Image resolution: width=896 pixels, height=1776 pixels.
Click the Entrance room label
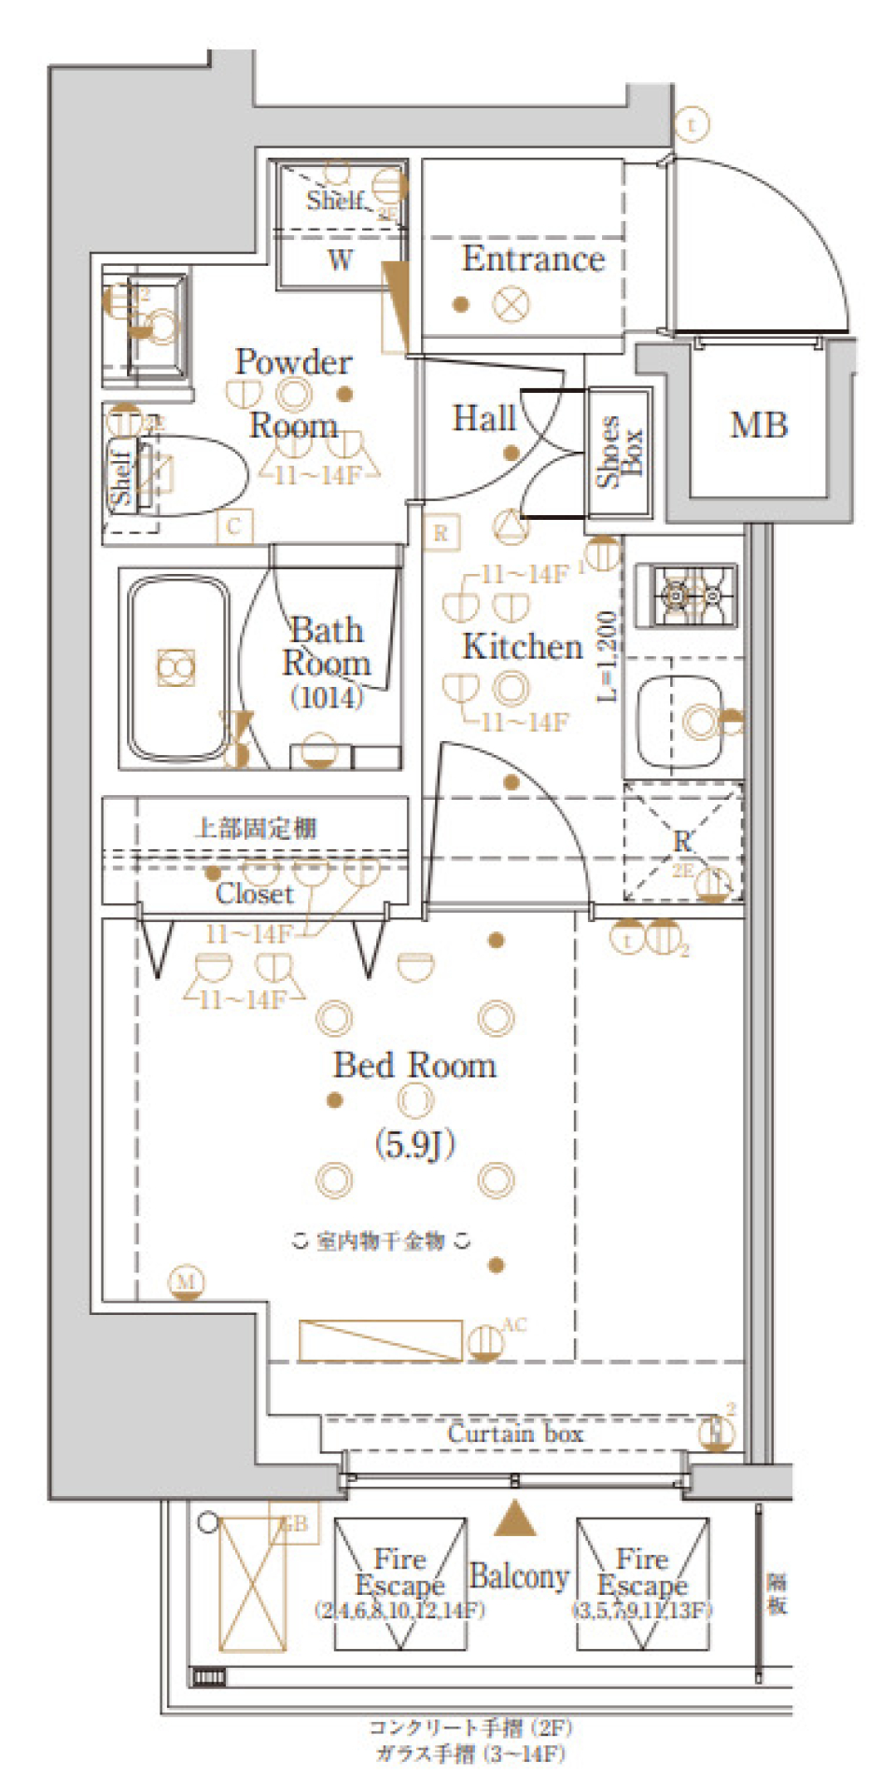533,259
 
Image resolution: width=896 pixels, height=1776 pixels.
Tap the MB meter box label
759,426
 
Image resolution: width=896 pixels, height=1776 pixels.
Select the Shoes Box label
620,452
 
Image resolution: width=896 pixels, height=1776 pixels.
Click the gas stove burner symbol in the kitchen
686,594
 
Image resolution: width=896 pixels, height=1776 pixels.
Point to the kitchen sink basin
679,720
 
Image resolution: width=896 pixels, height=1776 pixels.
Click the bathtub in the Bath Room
177,667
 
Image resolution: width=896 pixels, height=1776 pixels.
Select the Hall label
483,418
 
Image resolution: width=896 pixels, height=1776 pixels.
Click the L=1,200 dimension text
607,655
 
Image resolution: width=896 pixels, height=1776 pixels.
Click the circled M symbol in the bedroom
187,1281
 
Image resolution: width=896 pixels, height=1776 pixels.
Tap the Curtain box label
515,1433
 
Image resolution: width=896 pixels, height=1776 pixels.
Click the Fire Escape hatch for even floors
399,1584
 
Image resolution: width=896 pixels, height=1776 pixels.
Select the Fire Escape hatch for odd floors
642,1584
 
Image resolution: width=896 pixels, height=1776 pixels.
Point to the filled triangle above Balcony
514,1519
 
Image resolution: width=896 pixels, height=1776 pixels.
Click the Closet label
255,894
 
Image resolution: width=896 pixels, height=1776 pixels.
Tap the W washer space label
341,260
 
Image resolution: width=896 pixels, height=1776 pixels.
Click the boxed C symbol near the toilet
233,526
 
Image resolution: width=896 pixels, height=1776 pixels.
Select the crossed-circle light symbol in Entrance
511,304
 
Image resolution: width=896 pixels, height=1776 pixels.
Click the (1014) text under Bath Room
326,697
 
